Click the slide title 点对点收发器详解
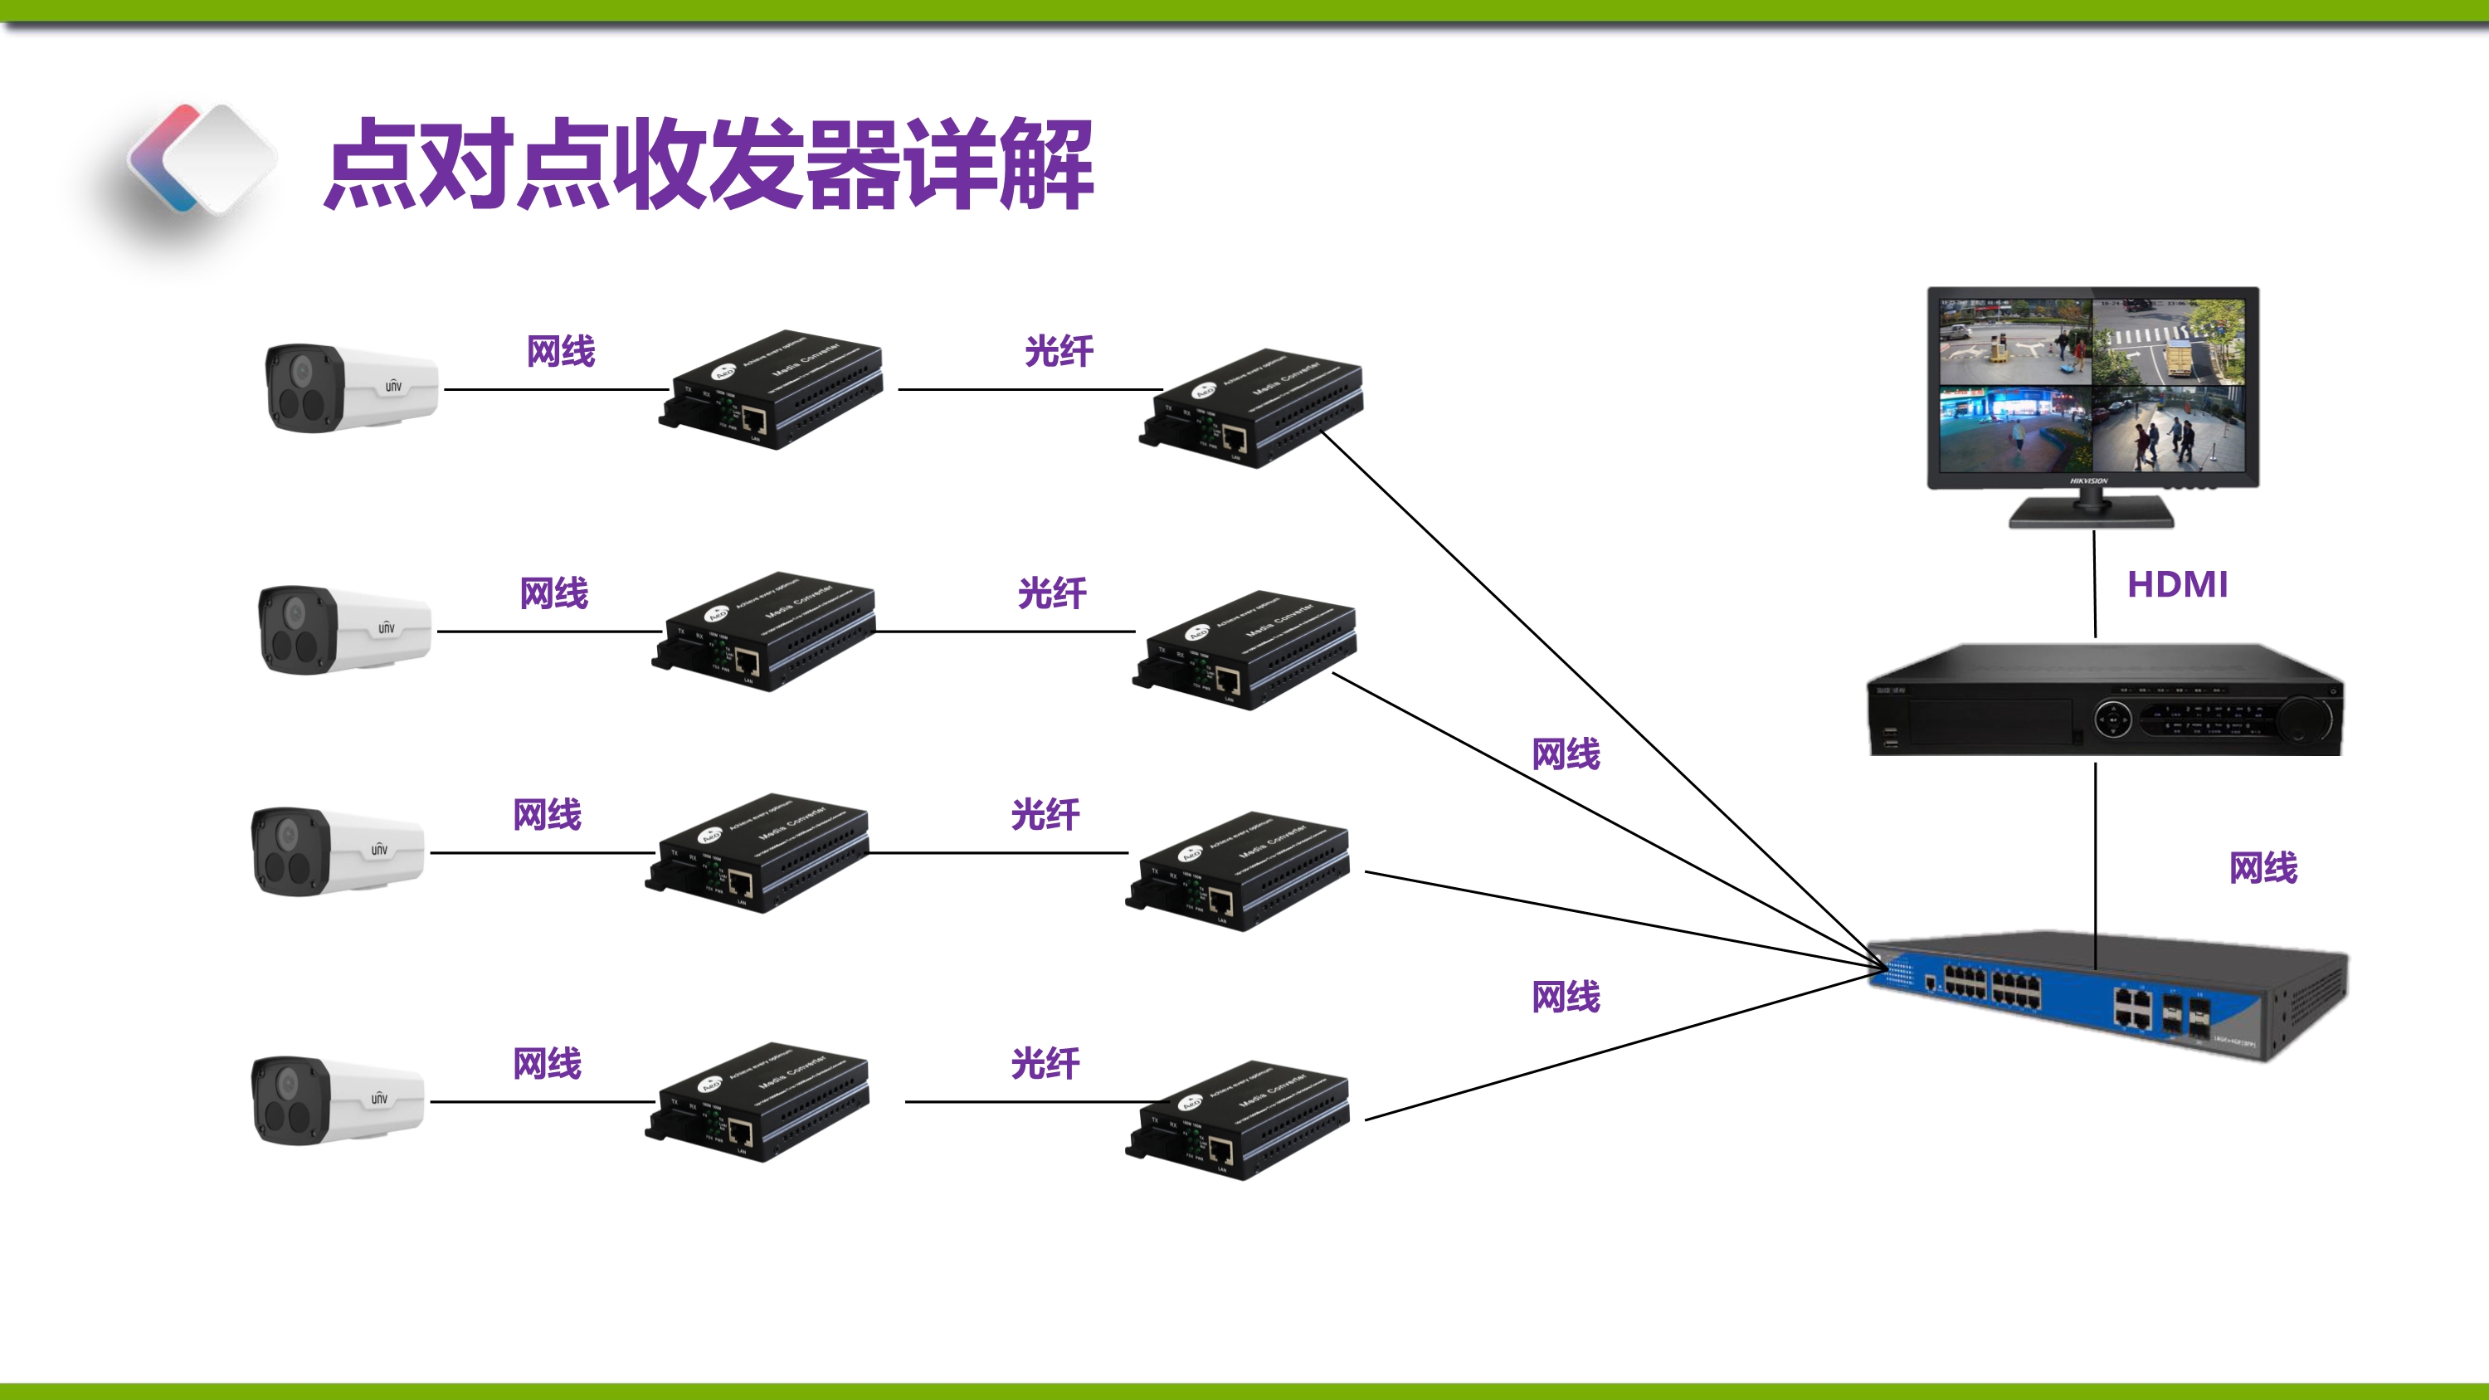pos(709,164)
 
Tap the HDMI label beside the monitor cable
pos(2177,584)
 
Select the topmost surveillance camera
pos(351,388)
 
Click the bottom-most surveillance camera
pos(336,1100)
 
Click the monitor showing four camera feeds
pos(2093,387)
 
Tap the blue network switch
pos(2107,995)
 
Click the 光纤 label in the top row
pos(1059,351)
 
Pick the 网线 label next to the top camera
pos(560,351)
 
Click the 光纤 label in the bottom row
pos(1045,1064)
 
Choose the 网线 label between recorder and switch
pos(2263,867)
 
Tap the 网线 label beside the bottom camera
pos(547,1064)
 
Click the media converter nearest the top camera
pos(771,389)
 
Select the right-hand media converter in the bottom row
pos(1237,1121)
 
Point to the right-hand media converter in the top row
pos(1251,408)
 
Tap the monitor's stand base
pos(2092,513)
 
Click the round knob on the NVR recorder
pos(2306,720)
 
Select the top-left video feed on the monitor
pos(2015,342)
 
